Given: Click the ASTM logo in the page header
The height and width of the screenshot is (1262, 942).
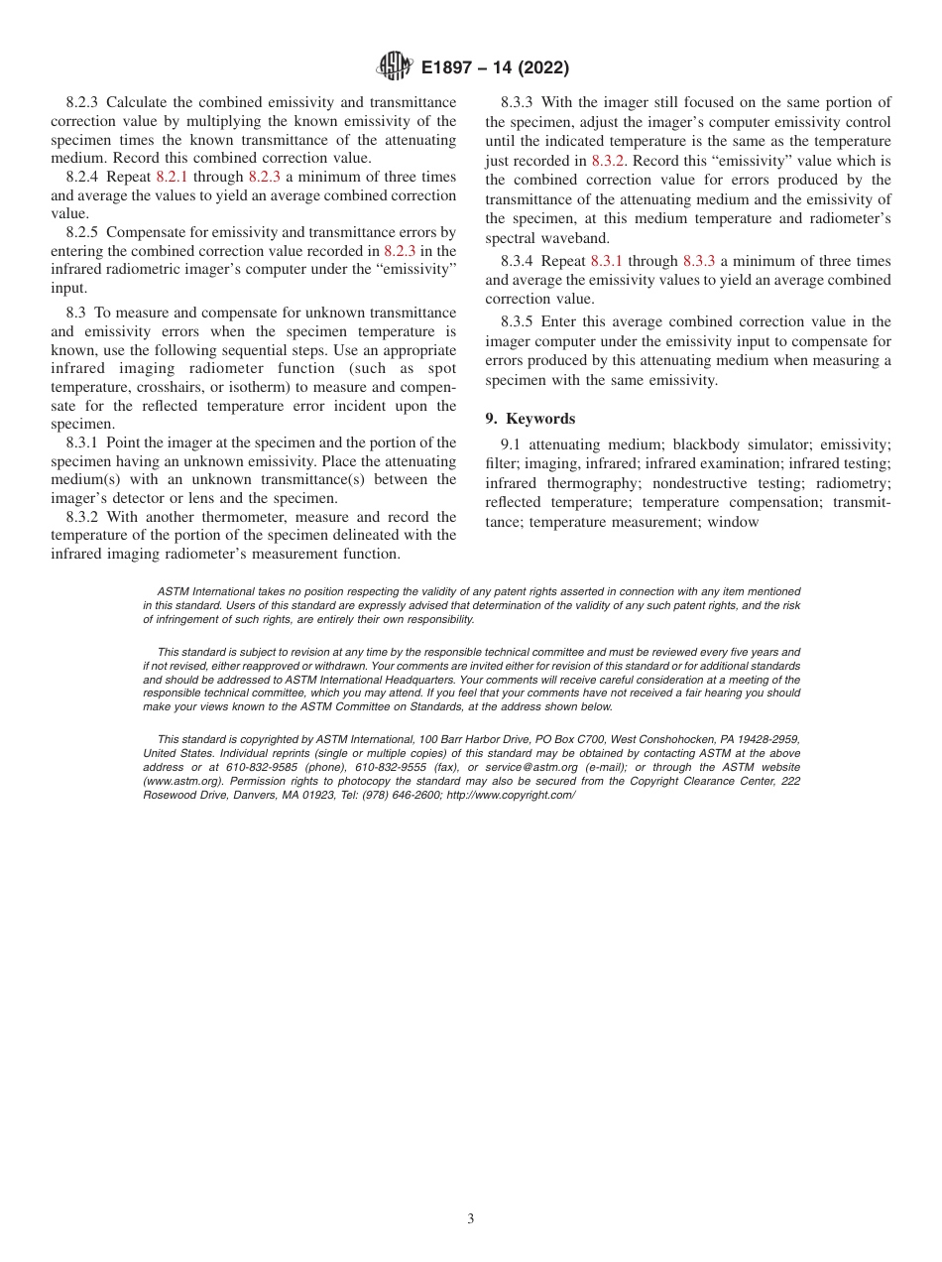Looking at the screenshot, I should tap(394, 67).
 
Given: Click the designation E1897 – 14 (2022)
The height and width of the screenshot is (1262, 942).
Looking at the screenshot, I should tap(495, 68).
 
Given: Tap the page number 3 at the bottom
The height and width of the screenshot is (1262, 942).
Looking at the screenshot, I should tap(471, 1218).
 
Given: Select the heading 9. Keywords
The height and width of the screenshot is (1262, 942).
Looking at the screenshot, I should tap(530, 419).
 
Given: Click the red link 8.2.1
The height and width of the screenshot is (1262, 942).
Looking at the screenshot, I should tap(172, 177).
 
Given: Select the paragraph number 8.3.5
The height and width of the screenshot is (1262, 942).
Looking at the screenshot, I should tap(521, 321).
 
